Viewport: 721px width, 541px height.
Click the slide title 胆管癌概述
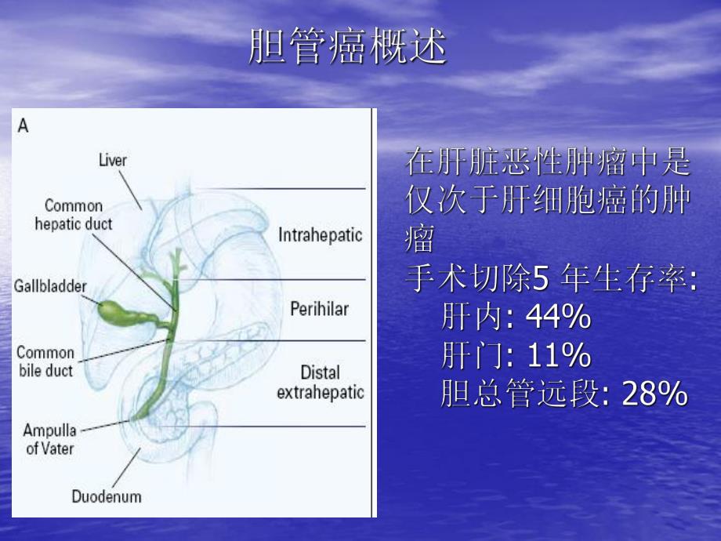point(347,47)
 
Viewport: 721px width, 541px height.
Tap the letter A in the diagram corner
point(24,125)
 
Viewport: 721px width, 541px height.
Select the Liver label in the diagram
point(113,161)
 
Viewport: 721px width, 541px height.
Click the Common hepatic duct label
point(74,215)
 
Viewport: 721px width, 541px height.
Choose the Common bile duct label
point(45,361)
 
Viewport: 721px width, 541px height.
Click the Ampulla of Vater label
point(50,439)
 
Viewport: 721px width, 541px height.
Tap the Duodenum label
point(107,496)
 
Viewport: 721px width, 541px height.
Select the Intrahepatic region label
point(321,234)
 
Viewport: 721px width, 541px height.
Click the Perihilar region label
point(319,309)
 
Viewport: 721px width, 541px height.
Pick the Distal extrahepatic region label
point(321,382)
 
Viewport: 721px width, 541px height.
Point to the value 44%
point(557,318)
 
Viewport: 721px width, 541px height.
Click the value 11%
point(557,356)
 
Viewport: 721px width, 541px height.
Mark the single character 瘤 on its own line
point(419,240)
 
